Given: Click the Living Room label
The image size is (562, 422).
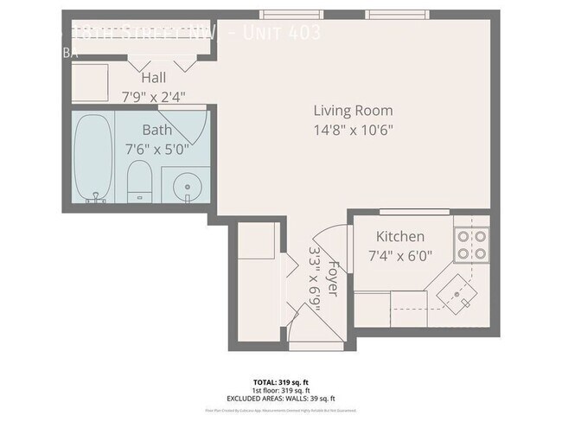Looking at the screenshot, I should [353, 111].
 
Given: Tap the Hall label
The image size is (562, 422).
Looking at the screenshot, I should [154, 78].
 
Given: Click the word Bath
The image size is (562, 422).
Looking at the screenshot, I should [157, 131].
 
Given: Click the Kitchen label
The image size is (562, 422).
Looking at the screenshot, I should [399, 236].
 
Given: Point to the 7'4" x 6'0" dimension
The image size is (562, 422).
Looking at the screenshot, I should [399, 255].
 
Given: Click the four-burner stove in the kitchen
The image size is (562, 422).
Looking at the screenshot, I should [472, 244].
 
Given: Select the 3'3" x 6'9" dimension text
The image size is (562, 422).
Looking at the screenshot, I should [315, 278].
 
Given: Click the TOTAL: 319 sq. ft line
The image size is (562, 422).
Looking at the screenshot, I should [280, 380].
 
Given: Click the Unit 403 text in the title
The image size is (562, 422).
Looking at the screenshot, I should [282, 34].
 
